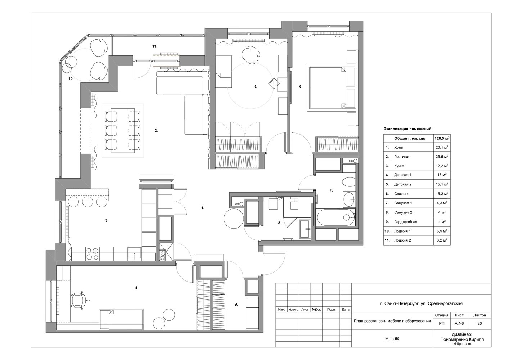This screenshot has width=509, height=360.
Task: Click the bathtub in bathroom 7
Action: pyautogui.click(x=336, y=217)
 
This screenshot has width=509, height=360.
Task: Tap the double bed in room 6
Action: pyautogui.click(x=331, y=87)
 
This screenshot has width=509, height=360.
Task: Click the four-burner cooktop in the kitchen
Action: pyautogui.click(x=93, y=254)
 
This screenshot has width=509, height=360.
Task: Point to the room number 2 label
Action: pyautogui.click(x=156, y=130)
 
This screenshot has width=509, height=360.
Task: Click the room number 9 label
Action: pyautogui.click(x=236, y=304)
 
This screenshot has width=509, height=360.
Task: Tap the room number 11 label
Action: pyautogui.click(x=155, y=46)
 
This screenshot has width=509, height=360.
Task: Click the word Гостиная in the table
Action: pyautogui.click(x=402, y=157)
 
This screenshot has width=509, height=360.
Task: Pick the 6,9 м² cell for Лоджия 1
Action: pyautogui.click(x=442, y=231)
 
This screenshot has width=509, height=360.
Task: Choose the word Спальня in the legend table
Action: pyautogui.click(x=402, y=194)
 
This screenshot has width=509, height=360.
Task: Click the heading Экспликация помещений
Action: pyautogui.click(x=408, y=129)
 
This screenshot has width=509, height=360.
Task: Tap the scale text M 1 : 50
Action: pyautogui.click(x=392, y=339)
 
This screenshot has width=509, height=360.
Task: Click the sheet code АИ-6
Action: pyautogui.click(x=459, y=323)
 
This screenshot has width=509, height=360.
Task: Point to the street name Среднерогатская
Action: pyautogui.click(x=445, y=303)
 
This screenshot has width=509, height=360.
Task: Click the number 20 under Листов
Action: pyautogui.click(x=479, y=323)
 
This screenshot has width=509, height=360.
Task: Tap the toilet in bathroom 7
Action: pyautogui.click(x=348, y=182)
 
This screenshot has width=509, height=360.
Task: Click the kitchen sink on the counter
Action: pyautogui.click(x=134, y=254)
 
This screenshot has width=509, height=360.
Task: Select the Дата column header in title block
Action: pyautogui.click(x=346, y=309)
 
